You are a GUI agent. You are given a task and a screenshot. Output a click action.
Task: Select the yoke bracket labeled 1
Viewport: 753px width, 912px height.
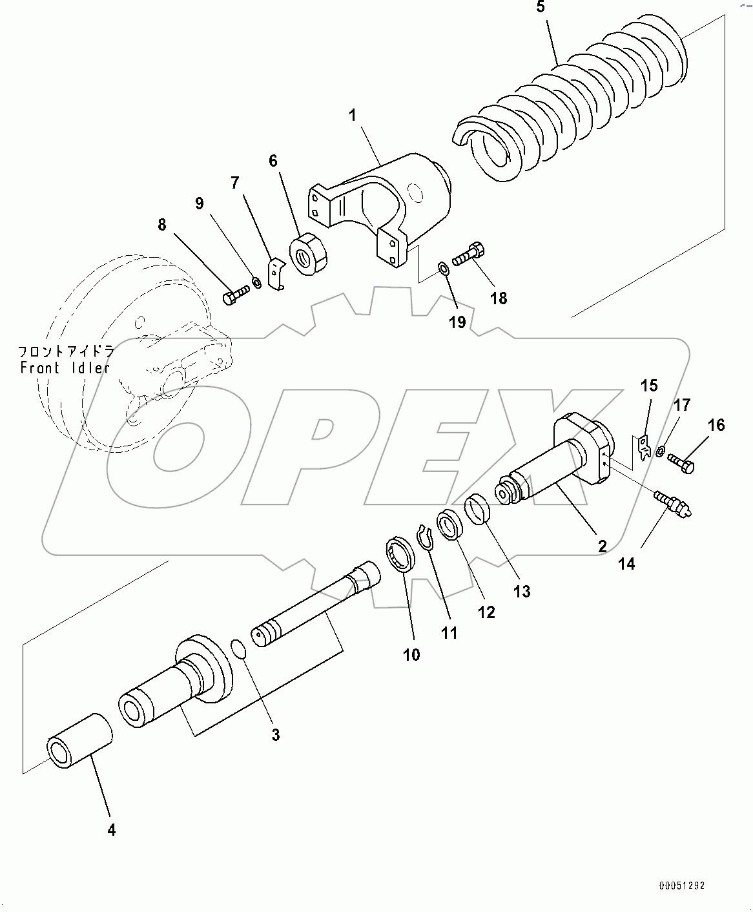pyautogui.click(x=381, y=200)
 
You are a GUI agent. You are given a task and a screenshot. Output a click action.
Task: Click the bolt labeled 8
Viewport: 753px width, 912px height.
pyautogui.click(x=234, y=296)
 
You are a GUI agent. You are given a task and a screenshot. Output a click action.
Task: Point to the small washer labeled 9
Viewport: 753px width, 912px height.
pyautogui.click(x=256, y=282)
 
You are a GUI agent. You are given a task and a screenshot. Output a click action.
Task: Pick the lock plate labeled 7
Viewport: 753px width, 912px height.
pyautogui.click(x=276, y=275)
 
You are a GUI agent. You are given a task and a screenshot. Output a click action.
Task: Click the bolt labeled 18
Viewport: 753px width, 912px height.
pyautogui.click(x=468, y=254)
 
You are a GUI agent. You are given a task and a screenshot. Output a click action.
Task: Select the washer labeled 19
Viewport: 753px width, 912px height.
pyautogui.click(x=443, y=268)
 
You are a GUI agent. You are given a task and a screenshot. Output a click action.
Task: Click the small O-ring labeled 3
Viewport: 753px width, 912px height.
pyautogui.click(x=238, y=649)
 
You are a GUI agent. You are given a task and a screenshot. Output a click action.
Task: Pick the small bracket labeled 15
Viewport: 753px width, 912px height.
pyautogui.click(x=643, y=448)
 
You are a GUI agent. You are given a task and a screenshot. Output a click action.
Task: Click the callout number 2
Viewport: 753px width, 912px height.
pyautogui.click(x=602, y=546)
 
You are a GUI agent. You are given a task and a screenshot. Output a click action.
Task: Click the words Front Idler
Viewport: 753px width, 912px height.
pyautogui.click(x=65, y=368)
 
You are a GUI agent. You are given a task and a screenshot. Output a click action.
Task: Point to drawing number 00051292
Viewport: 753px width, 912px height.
pyautogui.click(x=682, y=886)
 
